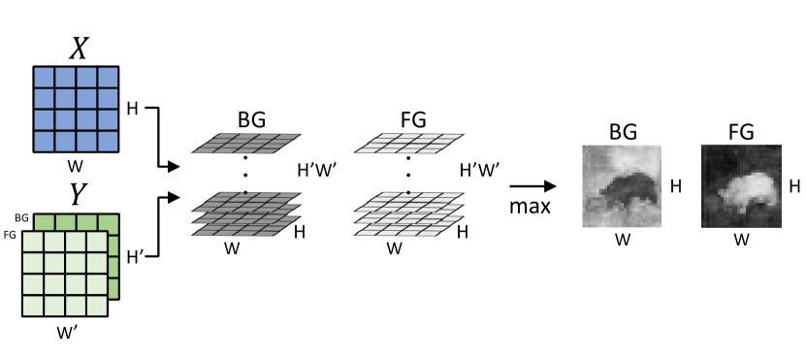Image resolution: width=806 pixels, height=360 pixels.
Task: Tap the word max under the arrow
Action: [531, 207]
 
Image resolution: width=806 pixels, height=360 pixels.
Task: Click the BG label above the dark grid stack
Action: [251, 120]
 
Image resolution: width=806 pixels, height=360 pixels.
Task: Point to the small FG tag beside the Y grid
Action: [12, 234]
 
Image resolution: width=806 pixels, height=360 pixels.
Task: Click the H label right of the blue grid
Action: [132, 107]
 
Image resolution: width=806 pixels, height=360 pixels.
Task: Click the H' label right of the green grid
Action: [135, 257]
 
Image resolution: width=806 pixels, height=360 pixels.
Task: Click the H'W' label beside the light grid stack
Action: [480, 170]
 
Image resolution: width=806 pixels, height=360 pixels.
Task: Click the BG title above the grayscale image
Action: [621, 130]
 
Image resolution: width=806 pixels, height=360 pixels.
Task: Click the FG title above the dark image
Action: [741, 130]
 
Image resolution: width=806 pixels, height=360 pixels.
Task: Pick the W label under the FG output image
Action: [740, 239]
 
